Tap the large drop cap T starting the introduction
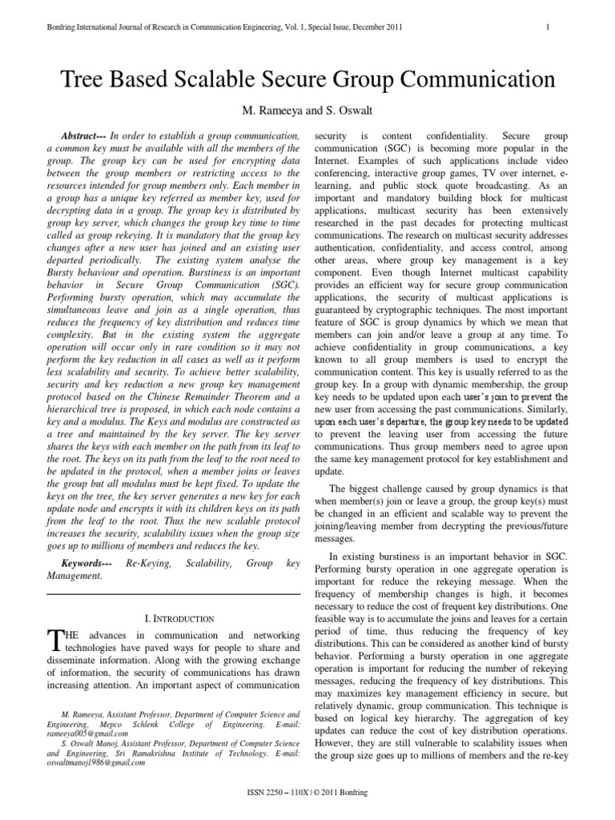(55, 639)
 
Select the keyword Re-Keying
(148, 565)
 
